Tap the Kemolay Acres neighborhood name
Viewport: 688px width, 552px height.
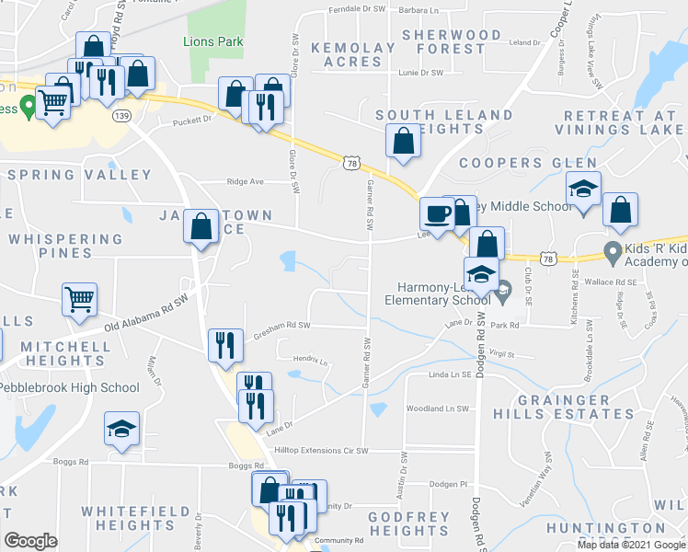(346, 55)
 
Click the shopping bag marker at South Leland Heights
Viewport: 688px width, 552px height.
(403, 143)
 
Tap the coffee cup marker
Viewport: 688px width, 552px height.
(437, 214)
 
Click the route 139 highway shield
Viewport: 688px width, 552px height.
(121, 116)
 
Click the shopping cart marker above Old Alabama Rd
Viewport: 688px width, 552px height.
(79, 299)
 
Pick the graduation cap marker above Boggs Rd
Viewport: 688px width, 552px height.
(121, 429)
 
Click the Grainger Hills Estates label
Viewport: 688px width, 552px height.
(576, 408)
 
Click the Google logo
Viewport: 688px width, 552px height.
(30, 541)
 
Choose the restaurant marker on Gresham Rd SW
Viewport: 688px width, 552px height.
(225, 346)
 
